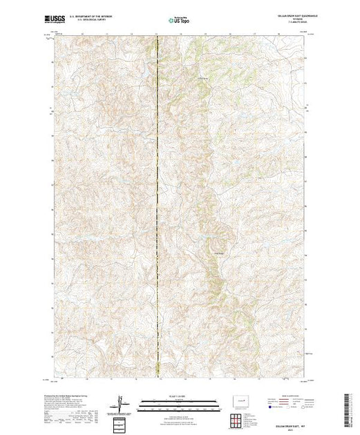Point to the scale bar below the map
[180, 403]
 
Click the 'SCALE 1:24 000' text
[180, 396]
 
